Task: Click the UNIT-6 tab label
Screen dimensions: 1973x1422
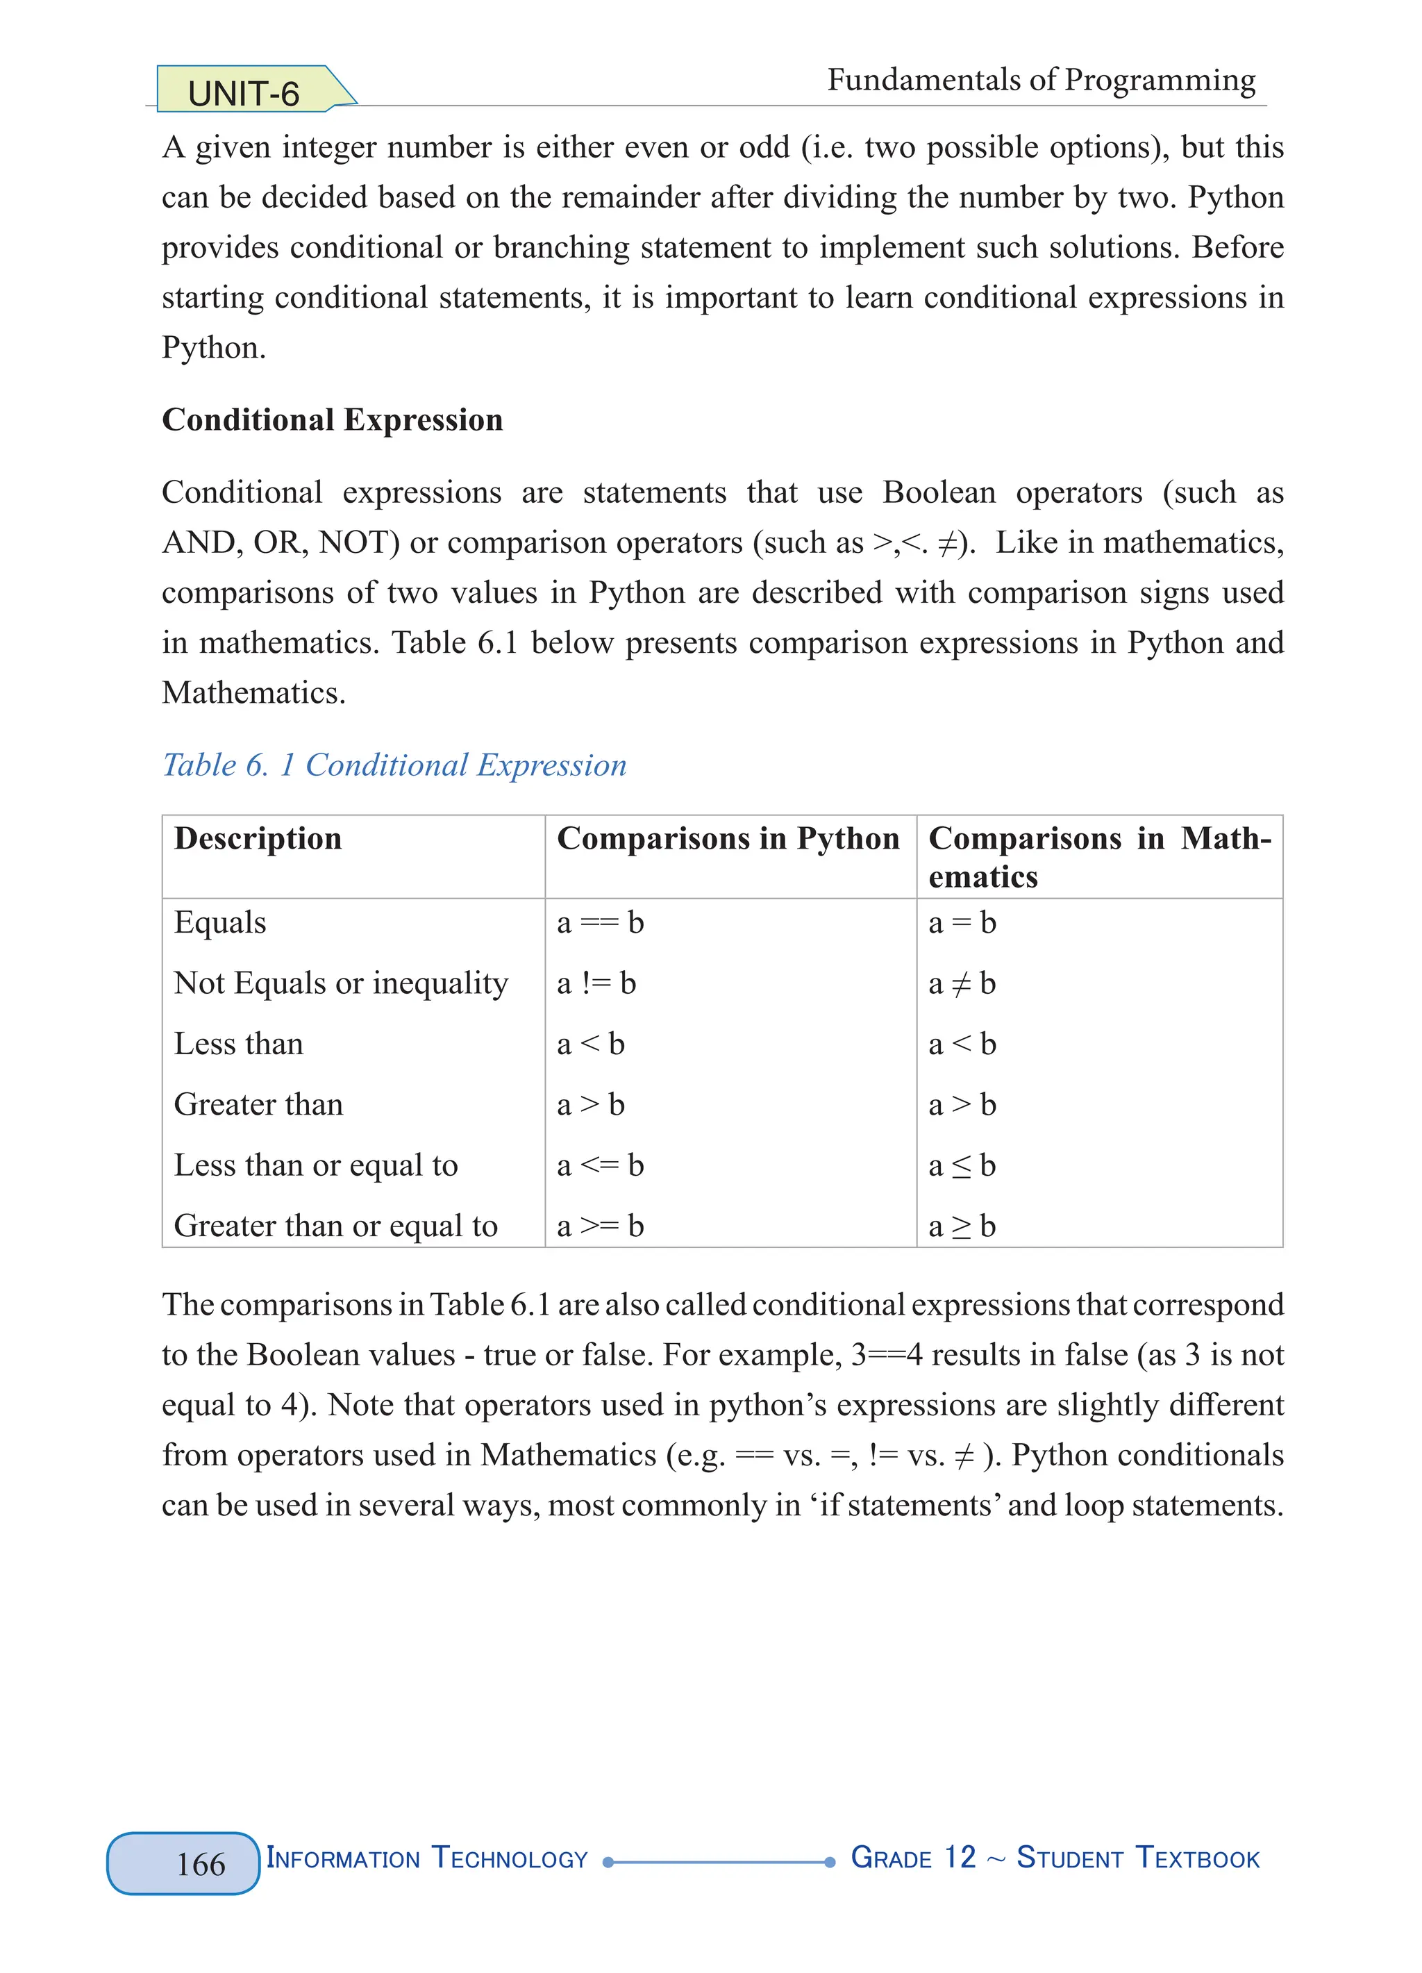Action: [x=244, y=94]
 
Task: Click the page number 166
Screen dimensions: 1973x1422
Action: [x=200, y=1863]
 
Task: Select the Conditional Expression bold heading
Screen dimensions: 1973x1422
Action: [x=332, y=420]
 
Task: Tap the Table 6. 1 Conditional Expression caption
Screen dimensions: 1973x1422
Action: [x=394, y=765]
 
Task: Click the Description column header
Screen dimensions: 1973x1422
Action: [x=258, y=839]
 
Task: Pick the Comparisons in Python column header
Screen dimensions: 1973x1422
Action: [x=728, y=839]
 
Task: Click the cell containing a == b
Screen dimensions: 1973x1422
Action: [x=600, y=922]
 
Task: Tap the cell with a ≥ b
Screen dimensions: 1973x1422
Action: [x=962, y=1226]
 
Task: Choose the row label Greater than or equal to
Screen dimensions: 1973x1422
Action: [x=336, y=1226]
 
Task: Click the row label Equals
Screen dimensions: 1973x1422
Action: [x=220, y=922]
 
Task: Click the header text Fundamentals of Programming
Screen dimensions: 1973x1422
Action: [x=1041, y=80]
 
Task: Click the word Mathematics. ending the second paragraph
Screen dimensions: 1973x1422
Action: [x=254, y=693]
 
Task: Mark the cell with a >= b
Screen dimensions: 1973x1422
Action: [x=600, y=1226]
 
